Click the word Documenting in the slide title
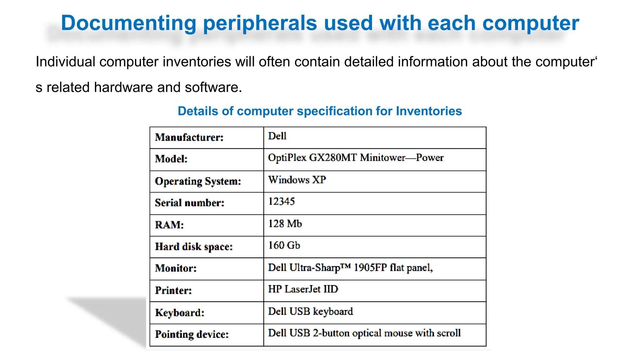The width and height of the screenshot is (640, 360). point(128,23)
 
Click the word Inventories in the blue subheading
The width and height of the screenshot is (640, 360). point(429,111)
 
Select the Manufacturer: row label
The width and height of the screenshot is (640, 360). point(189,137)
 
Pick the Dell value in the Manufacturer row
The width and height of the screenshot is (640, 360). point(277,136)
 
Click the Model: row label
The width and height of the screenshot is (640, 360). point(171,159)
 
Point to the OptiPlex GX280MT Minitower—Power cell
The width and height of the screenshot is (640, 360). point(356,158)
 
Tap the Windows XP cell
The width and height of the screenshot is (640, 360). point(297,180)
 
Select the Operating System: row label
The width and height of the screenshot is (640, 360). point(198,181)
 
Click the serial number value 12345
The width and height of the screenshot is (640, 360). point(281,202)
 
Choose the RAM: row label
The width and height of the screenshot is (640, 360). point(169,225)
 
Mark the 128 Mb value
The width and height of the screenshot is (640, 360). point(285,224)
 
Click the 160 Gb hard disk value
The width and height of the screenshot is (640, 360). point(284,245)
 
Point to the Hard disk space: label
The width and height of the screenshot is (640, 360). point(194,247)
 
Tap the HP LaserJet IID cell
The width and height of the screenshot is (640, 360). point(303,289)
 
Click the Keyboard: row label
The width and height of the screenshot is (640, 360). point(180,312)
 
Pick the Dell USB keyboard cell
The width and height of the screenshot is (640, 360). point(311,312)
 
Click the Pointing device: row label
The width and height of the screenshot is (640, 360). point(192,334)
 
